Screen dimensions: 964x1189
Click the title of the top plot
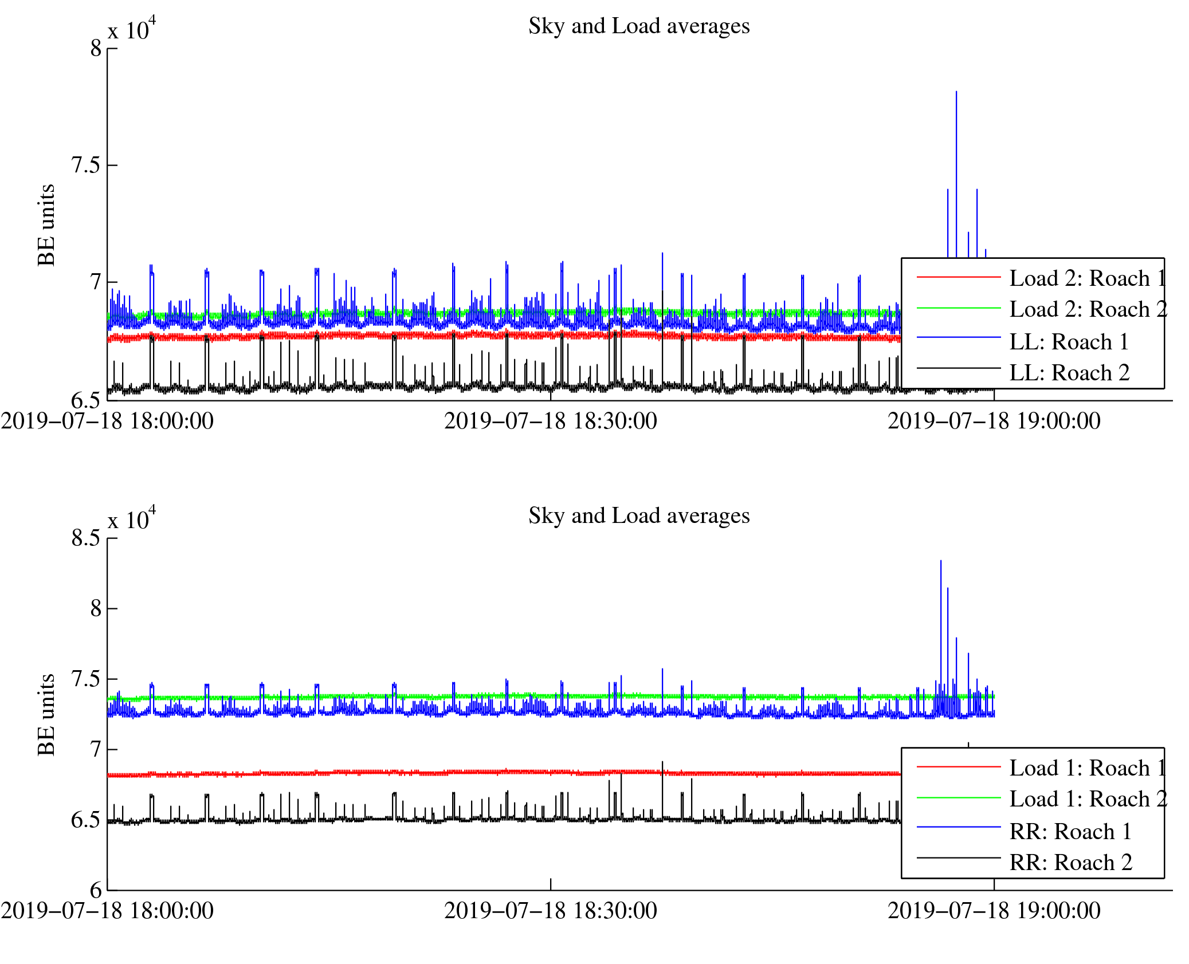click(638, 26)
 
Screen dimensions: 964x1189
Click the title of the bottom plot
click(638, 516)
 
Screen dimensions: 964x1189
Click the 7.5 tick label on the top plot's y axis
click(85, 165)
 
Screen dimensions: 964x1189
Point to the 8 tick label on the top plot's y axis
click(96, 49)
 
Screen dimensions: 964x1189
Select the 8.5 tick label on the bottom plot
click(85, 538)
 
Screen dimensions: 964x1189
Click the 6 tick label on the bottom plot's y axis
click(96, 891)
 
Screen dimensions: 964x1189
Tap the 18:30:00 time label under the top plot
click(551, 422)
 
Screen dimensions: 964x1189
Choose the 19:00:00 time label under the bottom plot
click(994, 911)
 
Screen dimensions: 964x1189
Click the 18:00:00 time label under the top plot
click(107, 422)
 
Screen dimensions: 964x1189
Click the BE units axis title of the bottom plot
click(46, 715)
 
